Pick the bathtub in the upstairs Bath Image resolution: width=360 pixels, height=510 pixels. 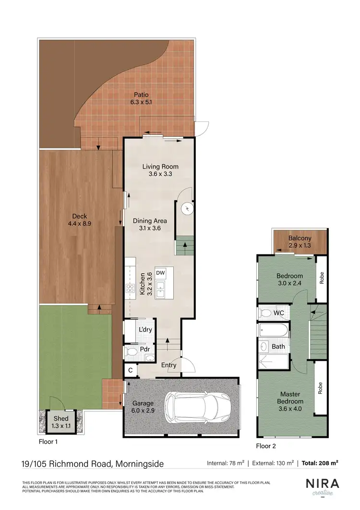[273, 330]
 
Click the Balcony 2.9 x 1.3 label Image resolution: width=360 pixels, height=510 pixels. [300, 242]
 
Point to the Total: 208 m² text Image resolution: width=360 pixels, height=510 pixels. [320, 463]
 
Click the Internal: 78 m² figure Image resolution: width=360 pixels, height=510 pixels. [226, 463]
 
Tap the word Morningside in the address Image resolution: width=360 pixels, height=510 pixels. [139, 463]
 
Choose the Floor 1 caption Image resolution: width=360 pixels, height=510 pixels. [49, 440]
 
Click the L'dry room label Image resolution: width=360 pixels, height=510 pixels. [145, 330]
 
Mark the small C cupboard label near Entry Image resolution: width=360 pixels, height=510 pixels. [130, 370]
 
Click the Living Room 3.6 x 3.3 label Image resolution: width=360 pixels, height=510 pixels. [160, 170]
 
